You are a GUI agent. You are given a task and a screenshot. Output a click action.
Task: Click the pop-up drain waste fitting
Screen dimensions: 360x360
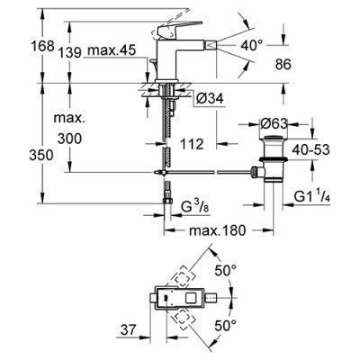click(x=270, y=153)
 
